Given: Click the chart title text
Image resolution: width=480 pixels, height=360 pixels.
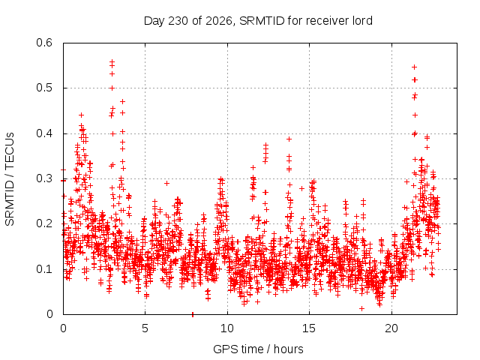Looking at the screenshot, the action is coord(258,21).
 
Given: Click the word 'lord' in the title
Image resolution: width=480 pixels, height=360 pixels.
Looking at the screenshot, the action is coord(362,21).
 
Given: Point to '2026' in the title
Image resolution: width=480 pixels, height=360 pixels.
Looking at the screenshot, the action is coord(218,21).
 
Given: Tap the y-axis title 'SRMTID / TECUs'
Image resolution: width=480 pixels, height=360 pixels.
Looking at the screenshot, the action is coord(10,179).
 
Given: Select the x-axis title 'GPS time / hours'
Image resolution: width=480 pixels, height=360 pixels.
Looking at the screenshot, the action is coord(258,349).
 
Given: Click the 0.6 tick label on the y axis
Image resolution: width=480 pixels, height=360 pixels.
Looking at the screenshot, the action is coord(44,43).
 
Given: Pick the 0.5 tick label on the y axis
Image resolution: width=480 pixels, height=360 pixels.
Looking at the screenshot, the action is coord(44,88).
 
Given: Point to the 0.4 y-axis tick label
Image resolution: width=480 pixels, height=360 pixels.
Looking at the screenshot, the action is coord(44,133).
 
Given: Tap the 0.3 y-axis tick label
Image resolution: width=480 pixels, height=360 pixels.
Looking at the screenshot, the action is coord(44,178).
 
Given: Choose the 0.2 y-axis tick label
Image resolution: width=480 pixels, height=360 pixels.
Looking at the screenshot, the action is coord(44,223).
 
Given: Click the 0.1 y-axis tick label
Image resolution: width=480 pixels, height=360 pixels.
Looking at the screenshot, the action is coord(44,269).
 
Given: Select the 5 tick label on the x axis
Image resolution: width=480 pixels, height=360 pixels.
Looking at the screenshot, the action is coord(145,328).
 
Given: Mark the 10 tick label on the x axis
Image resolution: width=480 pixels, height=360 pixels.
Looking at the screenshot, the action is coord(227,328).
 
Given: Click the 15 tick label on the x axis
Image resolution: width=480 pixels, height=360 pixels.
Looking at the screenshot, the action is coord(309,328).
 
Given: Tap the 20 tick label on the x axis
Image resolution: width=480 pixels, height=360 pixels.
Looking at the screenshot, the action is coord(391,328).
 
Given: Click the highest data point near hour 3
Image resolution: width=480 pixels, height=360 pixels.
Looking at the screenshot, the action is coord(112,61).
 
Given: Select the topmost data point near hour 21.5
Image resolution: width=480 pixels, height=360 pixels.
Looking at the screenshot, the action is coord(415,67).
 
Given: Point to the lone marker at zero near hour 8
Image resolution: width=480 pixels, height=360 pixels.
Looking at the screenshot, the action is coord(193,314).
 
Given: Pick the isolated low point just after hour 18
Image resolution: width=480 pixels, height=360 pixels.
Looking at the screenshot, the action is coord(361,308).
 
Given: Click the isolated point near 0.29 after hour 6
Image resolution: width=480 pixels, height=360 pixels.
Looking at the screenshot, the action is coord(166,183).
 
